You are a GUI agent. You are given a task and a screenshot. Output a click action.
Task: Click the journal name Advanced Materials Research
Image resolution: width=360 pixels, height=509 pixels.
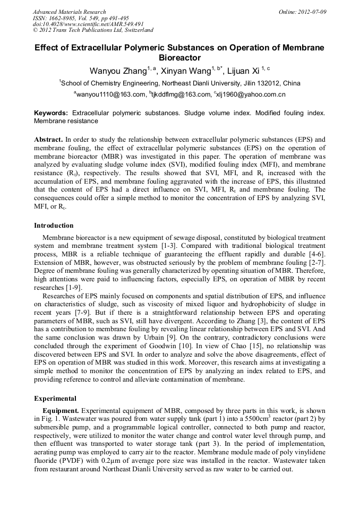[69, 12]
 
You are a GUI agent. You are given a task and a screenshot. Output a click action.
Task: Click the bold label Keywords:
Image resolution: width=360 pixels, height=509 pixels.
[51, 114]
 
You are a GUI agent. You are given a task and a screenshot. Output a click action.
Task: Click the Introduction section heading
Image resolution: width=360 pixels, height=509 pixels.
[54, 226]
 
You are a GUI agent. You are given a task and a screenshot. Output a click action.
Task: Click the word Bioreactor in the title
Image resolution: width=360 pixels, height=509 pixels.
[180, 57]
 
